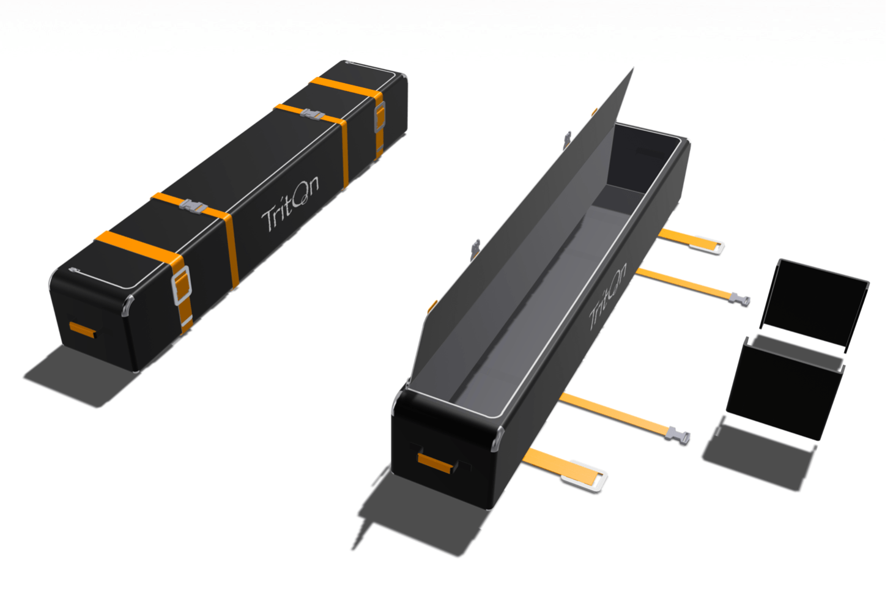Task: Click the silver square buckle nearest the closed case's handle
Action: tap(182, 285)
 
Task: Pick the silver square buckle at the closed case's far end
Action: tap(379, 117)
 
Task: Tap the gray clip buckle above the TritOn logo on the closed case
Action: tap(313, 115)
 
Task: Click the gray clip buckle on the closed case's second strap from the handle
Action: tap(194, 207)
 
